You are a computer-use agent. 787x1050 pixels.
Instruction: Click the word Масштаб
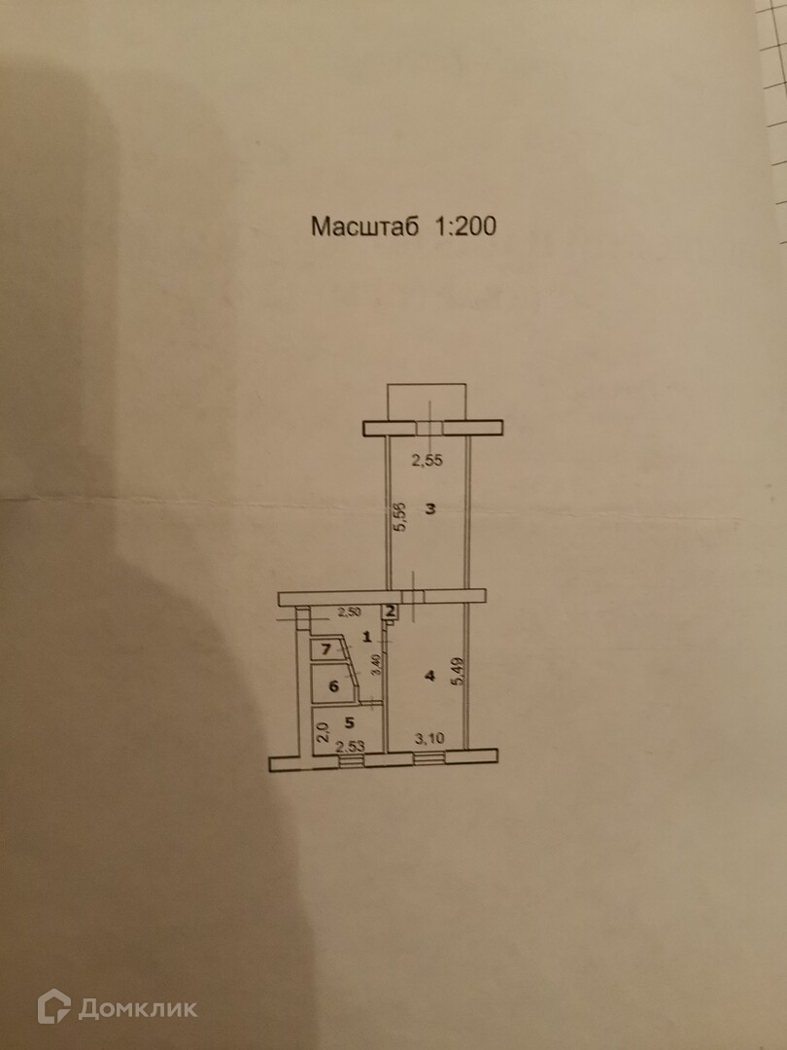[x=364, y=227]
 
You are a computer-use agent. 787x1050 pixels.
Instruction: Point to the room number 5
[x=349, y=723]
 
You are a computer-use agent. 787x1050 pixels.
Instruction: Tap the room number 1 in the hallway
[x=367, y=638]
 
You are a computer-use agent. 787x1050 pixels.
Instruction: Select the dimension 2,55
[x=427, y=462]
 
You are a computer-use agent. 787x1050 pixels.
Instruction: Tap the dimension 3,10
[x=429, y=739]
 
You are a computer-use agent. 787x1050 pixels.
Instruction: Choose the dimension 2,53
[x=350, y=746]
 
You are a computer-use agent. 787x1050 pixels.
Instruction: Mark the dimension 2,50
[x=348, y=612]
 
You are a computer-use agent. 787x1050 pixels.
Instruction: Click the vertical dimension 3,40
[x=376, y=666]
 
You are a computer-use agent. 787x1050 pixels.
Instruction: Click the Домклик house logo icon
[x=53, y=1006]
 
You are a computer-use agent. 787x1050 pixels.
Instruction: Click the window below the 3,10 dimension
[x=428, y=756]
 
